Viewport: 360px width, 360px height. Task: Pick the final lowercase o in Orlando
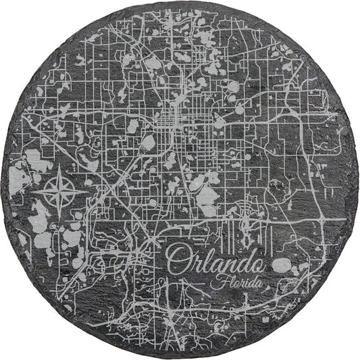tap(255, 262)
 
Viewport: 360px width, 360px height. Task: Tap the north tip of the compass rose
tap(60, 166)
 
